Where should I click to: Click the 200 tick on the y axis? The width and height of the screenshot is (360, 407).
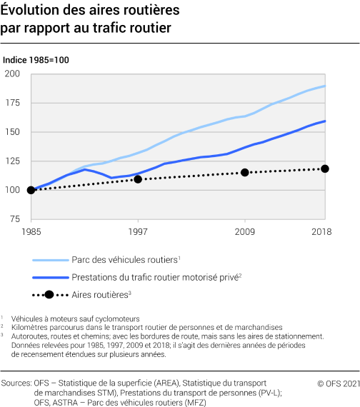(x=12, y=74)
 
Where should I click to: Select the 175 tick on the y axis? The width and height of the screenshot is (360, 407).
(x=12, y=103)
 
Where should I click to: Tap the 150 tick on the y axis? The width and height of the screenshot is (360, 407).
(x=12, y=132)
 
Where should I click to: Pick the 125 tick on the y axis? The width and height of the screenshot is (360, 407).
(x=12, y=161)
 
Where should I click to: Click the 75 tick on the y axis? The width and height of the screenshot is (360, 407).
(x=15, y=219)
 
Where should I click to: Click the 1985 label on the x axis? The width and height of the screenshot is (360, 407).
(x=31, y=233)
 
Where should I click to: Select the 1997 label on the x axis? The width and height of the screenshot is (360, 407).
(x=138, y=233)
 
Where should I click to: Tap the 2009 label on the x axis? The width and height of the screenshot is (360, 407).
(x=245, y=233)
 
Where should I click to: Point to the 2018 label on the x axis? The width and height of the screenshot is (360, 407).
(x=325, y=233)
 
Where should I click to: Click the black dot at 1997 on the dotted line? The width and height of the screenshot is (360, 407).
(x=138, y=179)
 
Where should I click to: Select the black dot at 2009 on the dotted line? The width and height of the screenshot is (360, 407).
(x=245, y=172)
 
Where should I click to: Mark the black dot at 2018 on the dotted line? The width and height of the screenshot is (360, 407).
(x=325, y=169)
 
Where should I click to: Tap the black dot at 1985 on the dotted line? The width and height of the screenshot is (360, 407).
(x=31, y=190)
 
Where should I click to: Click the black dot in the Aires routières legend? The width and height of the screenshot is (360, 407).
(x=48, y=294)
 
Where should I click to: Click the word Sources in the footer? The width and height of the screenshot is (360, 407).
(x=17, y=383)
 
